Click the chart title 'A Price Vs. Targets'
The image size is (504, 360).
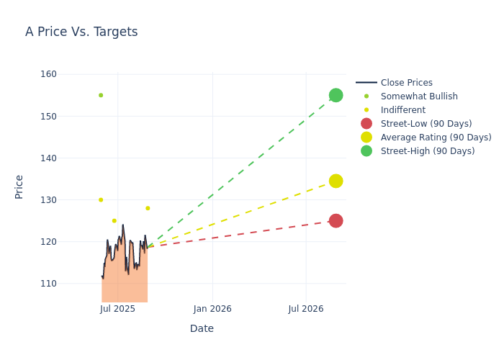coord(81,32)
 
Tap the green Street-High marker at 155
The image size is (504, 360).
coord(336,95)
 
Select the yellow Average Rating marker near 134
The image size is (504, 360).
coord(336,181)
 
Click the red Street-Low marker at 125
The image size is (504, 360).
coord(336,220)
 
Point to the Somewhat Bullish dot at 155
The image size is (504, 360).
coord(101,95)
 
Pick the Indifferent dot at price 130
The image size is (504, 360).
coord(101,200)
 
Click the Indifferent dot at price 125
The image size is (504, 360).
coord(114,221)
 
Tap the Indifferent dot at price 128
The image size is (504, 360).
coord(148,208)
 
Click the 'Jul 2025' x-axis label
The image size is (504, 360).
coord(117,309)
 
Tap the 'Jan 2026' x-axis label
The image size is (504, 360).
coord(212,309)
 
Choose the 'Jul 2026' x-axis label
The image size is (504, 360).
coord(306,309)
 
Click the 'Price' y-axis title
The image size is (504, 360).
coord(19,186)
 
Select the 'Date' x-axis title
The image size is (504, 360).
coord(202,329)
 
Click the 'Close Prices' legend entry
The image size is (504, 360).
coord(406,83)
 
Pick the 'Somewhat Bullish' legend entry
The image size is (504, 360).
coord(419,96)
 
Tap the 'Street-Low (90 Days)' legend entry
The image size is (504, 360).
coord(426,124)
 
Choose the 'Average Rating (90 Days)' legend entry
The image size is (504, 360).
coord(436,138)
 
